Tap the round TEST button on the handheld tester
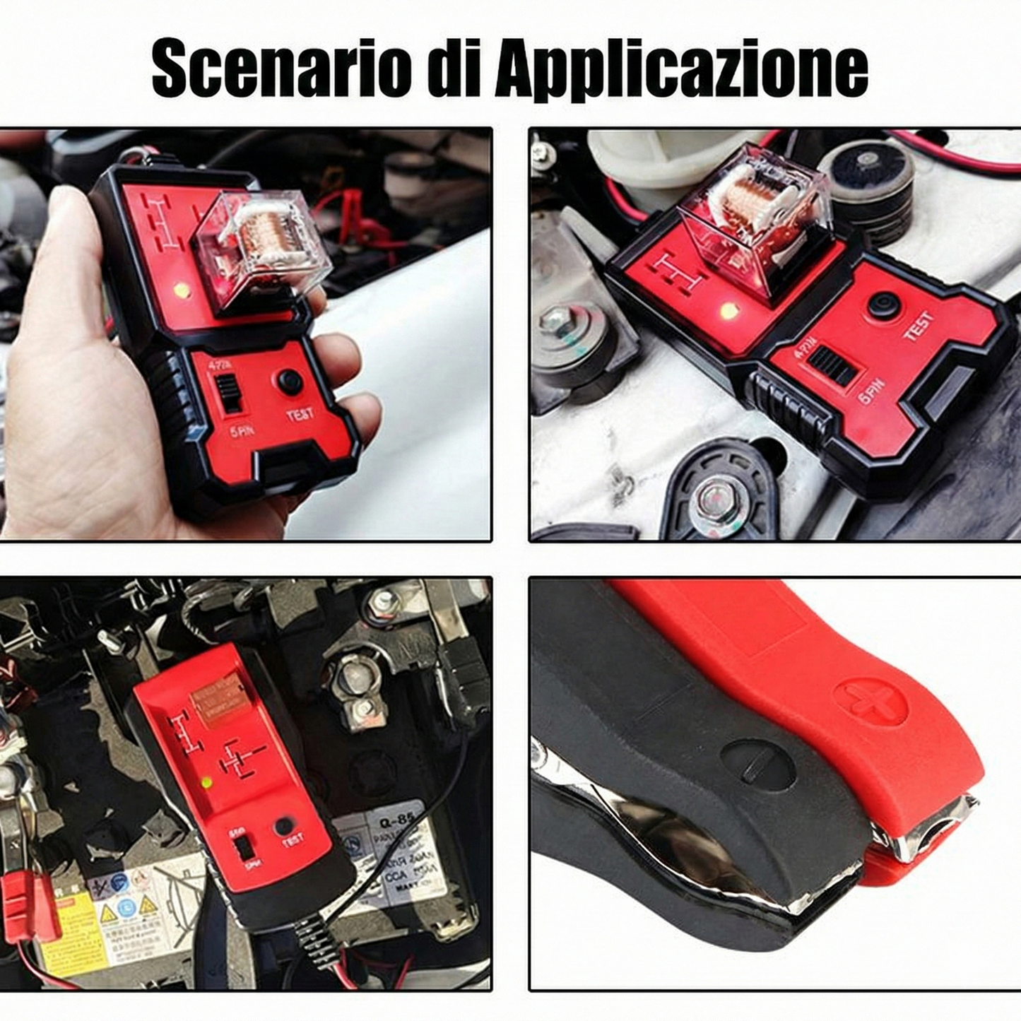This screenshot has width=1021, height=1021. [290, 382]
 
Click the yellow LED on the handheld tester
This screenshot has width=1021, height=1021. [182, 289]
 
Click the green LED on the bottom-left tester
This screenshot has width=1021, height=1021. [206, 783]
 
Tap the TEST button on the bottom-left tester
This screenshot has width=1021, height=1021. [284, 825]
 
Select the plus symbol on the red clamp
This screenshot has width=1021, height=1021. [870, 701]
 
